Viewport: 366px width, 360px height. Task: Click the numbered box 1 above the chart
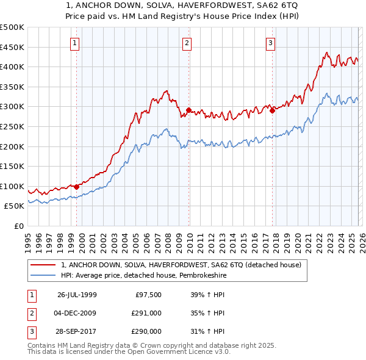[74, 43]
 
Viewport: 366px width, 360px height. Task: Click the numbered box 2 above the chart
[186, 43]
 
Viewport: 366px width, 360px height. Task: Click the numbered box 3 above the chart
[270, 43]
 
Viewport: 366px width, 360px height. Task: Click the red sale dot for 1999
[76, 187]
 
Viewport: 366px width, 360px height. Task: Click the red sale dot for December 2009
[188, 110]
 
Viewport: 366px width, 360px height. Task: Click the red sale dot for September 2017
[272, 111]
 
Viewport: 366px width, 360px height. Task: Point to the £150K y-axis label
[12, 166]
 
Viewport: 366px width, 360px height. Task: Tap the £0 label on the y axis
[18, 226]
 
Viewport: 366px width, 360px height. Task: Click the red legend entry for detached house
[181, 265]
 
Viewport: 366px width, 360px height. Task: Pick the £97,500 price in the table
[148, 295]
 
